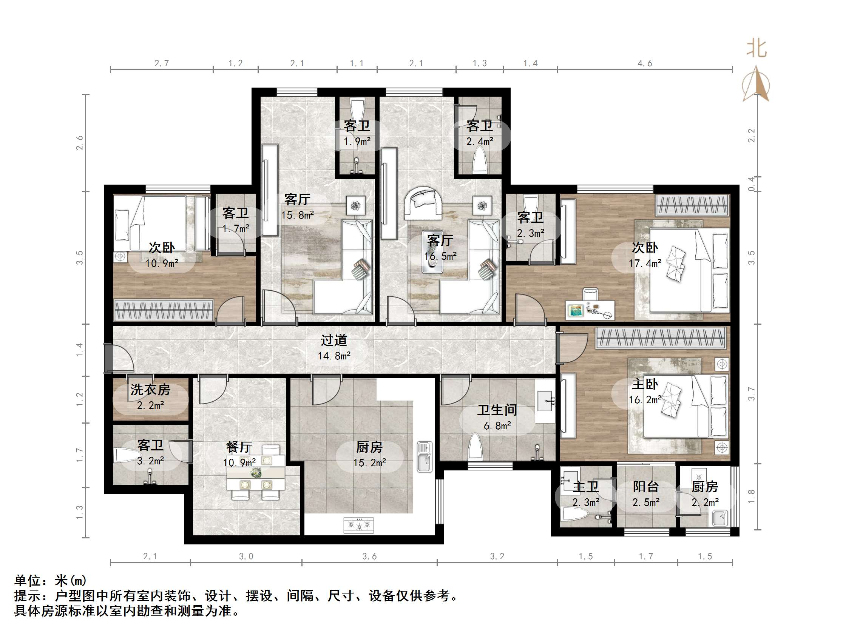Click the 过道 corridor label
[333, 340]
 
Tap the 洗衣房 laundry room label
[150, 390]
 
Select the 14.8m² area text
[334, 356]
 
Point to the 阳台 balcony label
[645, 487]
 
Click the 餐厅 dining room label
[239, 447]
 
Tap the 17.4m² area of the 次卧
[645, 263]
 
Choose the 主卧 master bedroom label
[645, 384]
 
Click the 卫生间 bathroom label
[497, 410]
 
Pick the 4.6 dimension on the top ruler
[645, 63]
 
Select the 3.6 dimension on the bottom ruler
[369, 556]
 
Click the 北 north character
[757, 49]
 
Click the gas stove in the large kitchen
[359, 525]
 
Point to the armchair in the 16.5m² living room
[423, 203]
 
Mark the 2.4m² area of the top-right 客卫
[480, 142]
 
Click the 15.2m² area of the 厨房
[369, 463]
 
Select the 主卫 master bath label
[586, 487]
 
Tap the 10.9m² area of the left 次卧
[162, 263]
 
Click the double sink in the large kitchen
[425, 457]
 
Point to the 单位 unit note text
[28, 581]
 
